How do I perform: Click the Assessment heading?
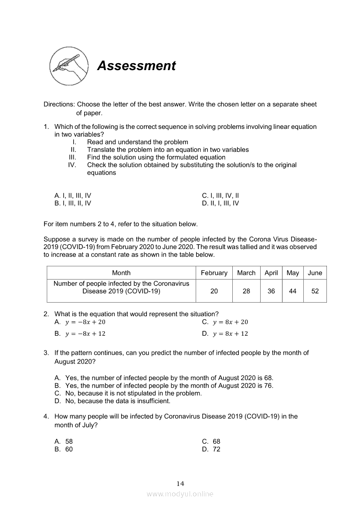click(x=136, y=66)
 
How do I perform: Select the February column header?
click(x=214, y=273)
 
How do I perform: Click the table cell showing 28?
click(x=246, y=291)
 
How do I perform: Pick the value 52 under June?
click(x=315, y=291)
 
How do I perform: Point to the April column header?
click(x=271, y=273)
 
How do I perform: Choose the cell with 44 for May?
click(x=293, y=291)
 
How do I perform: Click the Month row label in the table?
click(x=121, y=273)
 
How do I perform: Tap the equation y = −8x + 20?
click(x=85, y=322)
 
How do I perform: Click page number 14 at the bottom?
click(x=180, y=484)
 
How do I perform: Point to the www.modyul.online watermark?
click(x=180, y=494)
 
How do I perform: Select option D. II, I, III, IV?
click(x=221, y=203)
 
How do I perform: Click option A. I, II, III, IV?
click(x=73, y=196)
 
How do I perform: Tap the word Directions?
click(x=59, y=104)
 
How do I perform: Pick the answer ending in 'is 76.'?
click(x=169, y=386)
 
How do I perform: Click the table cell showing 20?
click(x=214, y=291)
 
